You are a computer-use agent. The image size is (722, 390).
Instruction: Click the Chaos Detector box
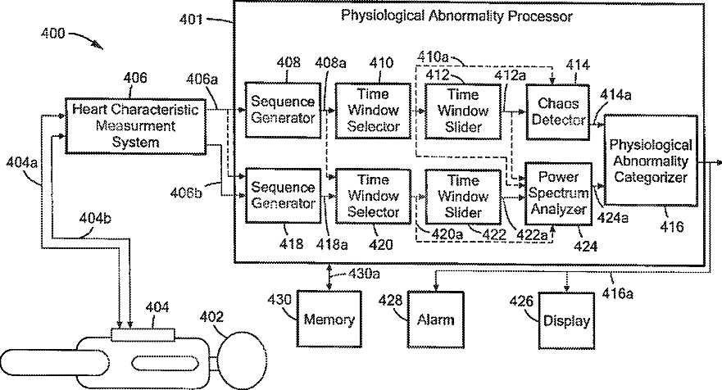(x=557, y=112)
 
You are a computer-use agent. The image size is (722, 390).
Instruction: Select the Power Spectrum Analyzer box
(x=559, y=193)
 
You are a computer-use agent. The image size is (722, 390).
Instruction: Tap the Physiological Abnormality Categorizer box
(x=651, y=161)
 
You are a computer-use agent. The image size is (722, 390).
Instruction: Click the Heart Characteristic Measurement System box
(x=135, y=126)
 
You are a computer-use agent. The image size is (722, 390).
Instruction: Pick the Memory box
(x=329, y=319)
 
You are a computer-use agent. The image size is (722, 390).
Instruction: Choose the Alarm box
(x=436, y=320)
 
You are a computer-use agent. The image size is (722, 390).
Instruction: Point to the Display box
(x=566, y=320)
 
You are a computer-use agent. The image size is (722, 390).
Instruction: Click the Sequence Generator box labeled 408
(x=283, y=110)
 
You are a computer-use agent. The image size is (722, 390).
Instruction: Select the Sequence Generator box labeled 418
(x=283, y=196)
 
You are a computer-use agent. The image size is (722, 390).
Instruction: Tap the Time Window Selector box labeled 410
(x=373, y=111)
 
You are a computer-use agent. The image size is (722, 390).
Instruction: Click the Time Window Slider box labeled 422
(x=463, y=197)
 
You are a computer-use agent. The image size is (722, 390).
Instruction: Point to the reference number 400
(x=53, y=33)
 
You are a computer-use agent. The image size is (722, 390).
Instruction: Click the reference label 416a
(x=617, y=292)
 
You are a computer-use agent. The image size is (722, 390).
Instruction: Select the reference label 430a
(x=364, y=274)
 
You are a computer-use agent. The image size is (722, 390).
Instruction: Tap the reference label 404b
(x=95, y=217)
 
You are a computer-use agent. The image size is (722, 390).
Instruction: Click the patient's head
(x=243, y=357)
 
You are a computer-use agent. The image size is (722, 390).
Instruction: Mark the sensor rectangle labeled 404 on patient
(x=143, y=335)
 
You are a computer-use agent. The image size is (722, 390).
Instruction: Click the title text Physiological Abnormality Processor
(x=456, y=16)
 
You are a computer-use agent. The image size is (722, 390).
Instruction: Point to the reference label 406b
(x=186, y=192)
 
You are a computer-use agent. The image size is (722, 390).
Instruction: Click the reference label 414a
(x=615, y=95)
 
